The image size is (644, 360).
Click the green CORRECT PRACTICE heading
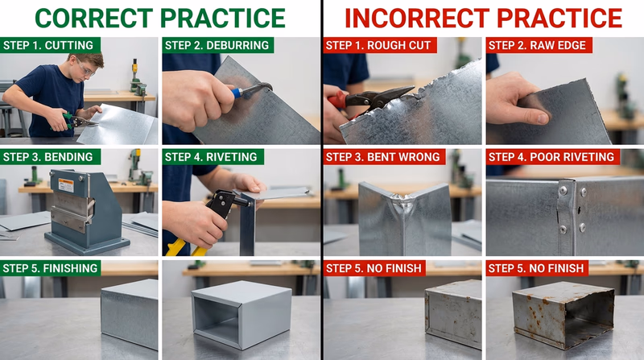159,18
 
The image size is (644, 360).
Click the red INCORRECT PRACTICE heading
484,18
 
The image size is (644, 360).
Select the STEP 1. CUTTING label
47,45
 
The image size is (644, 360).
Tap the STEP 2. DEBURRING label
217,45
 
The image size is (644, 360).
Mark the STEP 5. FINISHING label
51,267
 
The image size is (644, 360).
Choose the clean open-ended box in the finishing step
242,314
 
